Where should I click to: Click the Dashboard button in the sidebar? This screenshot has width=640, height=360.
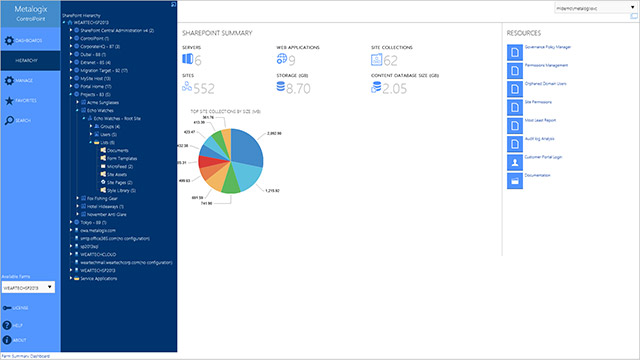(x=28, y=40)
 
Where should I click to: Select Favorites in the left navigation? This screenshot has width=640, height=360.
(x=28, y=100)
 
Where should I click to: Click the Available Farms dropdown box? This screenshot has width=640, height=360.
(x=27, y=287)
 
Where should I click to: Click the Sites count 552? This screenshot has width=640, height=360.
(x=205, y=89)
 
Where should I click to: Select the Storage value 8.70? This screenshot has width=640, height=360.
(x=297, y=89)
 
